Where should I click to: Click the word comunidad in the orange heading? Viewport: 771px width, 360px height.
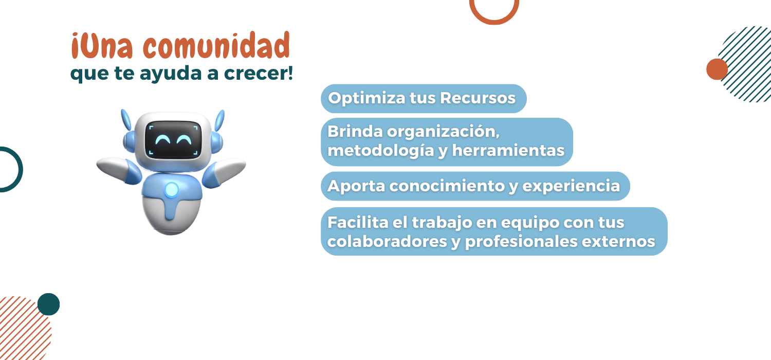(216, 45)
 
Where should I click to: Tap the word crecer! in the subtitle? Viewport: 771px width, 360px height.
(259, 73)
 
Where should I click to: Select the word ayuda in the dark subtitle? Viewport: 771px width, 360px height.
(170, 74)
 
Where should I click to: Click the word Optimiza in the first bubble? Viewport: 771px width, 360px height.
(367, 99)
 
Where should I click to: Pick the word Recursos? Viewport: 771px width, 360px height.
(478, 98)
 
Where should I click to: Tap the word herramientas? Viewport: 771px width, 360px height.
(508, 150)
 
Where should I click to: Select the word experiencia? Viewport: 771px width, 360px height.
(571, 187)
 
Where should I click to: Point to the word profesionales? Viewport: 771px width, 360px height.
(521, 242)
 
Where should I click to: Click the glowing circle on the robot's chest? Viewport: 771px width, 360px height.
(171, 189)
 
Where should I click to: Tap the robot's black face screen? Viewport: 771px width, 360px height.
(173, 140)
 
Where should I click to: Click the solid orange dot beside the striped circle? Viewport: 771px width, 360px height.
(717, 69)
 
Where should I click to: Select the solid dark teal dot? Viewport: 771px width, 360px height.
(48, 304)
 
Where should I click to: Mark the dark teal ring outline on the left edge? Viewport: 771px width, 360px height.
(20, 170)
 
